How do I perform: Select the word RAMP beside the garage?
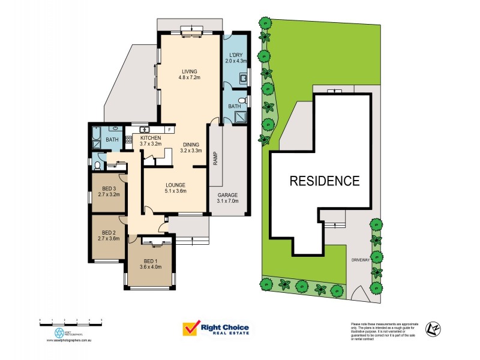pyautogui.click(x=215, y=158)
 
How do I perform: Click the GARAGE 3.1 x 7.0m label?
pyautogui.click(x=227, y=198)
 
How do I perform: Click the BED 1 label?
pyautogui.click(x=151, y=264)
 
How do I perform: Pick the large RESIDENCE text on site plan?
pyautogui.click(x=325, y=180)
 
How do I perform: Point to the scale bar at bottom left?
pyautogui.click(x=71, y=321)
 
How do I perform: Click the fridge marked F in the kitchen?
pyautogui.click(x=170, y=129)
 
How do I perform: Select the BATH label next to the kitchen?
pyautogui.click(x=112, y=140)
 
